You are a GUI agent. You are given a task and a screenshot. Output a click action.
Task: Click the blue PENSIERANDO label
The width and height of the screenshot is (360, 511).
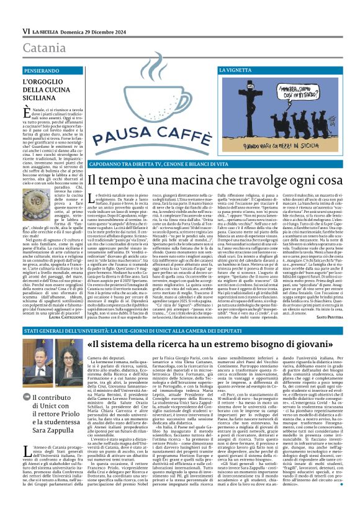(45, 71)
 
